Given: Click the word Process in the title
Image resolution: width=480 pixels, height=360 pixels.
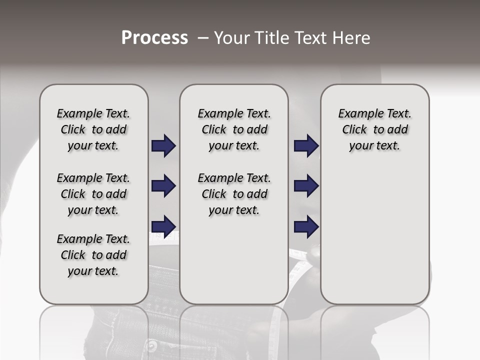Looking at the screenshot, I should pyautogui.click(x=154, y=38).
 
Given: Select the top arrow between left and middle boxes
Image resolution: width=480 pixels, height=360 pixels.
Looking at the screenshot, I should pyautogui.click(x=163, y=146).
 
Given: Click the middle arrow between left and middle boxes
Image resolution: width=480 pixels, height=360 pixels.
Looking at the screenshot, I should pyautogui.click(x=163, y=186).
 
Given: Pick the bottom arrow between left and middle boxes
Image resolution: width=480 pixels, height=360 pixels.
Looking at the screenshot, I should pyautogui.click(x=163, y=226).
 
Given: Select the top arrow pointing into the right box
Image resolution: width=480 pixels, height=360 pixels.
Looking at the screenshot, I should pyautogui.click(x=306, y=146).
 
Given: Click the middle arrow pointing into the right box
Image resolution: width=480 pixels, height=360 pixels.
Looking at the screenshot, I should pyautogui.click(x=306, y=186).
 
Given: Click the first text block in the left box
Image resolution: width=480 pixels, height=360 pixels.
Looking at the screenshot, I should pyautogui.click(x=93, y=129).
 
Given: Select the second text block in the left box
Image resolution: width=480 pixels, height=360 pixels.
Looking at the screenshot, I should pyautogui.click(x=93, y=194).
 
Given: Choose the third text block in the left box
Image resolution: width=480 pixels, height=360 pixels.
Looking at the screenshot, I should pyautogui.click(x=93, y=255).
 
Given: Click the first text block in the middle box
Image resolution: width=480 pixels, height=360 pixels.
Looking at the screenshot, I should pyautogui.click(x=234, y=129).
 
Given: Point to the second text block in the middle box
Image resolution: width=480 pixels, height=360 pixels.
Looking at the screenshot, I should pyautogui.click(x=234, y=194).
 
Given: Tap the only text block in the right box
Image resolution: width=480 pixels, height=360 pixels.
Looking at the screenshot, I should pyautogui.click(x=375, y=129).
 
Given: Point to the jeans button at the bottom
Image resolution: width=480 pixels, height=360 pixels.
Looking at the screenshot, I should pyautogui.click(x=151, y=346).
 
